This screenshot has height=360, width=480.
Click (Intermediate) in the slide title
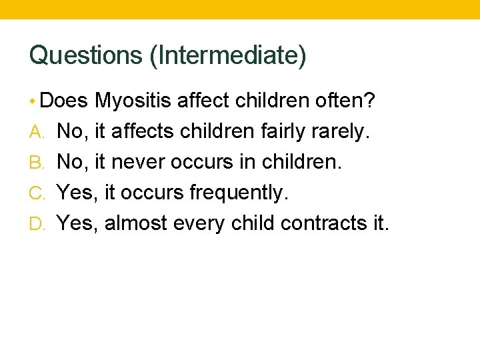click(228, 55)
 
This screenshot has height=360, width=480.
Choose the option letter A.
click(37, 132)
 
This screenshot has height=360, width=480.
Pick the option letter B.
click(37, 163)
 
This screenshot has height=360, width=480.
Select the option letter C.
click(37, 193)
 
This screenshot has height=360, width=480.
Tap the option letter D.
click(37, 223)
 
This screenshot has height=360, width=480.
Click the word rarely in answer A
click(340, 132)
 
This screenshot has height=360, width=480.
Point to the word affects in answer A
click(142, 132)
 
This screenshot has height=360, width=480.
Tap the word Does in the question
click(64, 101)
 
